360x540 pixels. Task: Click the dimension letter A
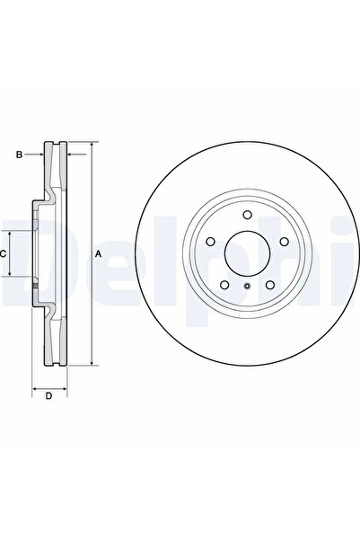99,254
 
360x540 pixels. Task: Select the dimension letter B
19,155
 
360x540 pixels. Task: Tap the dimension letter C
3,254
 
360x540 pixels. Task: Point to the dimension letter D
48,395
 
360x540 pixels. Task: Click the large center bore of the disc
247,253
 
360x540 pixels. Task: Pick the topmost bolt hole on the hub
247,215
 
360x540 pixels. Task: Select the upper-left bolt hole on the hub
210,242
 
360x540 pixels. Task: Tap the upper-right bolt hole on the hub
284,242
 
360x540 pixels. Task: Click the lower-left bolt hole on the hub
224,285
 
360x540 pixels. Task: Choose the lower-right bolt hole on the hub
270,285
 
